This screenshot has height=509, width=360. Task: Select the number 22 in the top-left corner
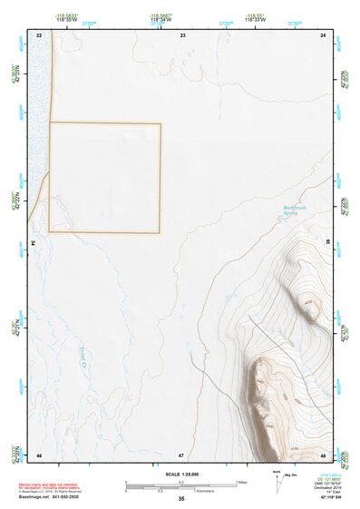(x=39, y=34)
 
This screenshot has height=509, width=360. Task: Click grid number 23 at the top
(x=182, y=34)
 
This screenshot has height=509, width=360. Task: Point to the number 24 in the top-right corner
(x=324, y=34)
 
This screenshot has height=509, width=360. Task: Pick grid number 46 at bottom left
(x=39, y=455)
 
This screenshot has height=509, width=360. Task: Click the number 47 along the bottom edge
(x=181, y=455)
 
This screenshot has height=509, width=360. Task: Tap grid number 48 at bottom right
(x=324, y=455)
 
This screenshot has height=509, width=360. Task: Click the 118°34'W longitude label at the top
(x=161, y=18)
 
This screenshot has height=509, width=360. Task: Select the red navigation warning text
(x=55, y=487)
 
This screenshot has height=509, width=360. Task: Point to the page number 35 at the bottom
(x=181, y=499)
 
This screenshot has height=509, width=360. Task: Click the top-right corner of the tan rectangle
(x=161, y=123)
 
